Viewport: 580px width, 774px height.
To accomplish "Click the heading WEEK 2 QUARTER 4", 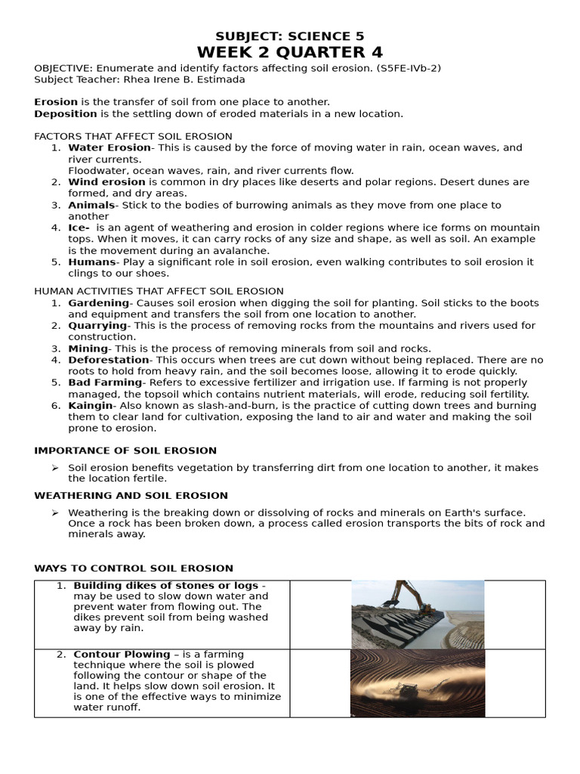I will [x=290, y=52].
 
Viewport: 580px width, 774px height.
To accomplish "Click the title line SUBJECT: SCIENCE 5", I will [x=290, y=36].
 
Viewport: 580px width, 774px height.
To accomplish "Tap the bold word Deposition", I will [x=66, y=113].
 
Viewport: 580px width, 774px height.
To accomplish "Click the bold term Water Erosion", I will [x=110, y=148].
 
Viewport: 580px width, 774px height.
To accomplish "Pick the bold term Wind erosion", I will [x=106, y=182].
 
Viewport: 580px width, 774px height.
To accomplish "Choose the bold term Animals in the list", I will [x=91, y=205].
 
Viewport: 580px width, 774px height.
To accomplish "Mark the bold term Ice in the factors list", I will [x=79, y=228].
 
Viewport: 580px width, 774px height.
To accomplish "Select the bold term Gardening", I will [x=98, y=303].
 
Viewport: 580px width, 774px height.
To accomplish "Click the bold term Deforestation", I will [x=109, y=360].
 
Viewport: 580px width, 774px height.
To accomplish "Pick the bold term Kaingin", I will [x=91, y=406].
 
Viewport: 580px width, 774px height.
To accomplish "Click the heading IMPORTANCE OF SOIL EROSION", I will [x=125, y=450].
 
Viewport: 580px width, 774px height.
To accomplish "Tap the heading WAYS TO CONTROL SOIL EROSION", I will [x=134, y=568].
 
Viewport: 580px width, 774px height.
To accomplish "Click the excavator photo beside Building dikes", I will [x=417, y=615].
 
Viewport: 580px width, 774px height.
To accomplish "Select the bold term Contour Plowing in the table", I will [x=122, y=655].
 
